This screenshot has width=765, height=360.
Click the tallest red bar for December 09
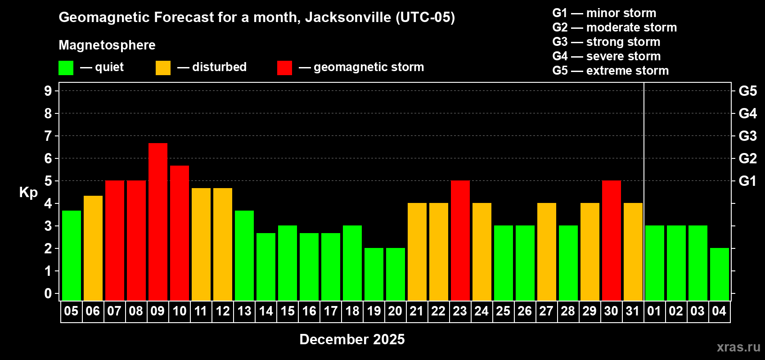158,221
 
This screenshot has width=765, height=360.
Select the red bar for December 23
460,240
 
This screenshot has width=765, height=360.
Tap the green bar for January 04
720,274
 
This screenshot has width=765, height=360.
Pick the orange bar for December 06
93,248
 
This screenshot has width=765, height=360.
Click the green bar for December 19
374,274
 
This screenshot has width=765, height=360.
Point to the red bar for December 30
612,240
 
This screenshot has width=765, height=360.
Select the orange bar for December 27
547,252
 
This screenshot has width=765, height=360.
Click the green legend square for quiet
66,68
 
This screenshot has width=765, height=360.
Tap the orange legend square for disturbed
163,68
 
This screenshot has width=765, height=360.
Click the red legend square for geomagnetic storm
284,68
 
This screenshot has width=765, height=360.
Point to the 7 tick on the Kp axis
48,136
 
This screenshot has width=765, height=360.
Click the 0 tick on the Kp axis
48,293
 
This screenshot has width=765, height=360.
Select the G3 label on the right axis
747,136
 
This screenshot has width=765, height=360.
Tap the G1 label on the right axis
747,181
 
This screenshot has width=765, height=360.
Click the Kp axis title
28,193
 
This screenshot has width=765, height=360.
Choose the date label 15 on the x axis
288,311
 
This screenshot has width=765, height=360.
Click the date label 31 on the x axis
633,311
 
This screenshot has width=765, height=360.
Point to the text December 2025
352,339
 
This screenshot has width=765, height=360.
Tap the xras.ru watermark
738,347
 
